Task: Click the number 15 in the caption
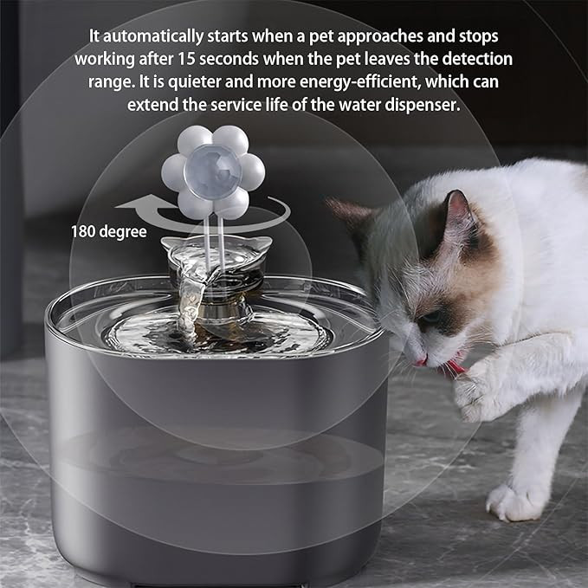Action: point(186,59)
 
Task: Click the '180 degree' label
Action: point(109,231)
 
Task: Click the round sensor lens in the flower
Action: point(213,171)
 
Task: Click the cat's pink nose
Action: point(421,362)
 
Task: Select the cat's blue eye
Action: point(432,317)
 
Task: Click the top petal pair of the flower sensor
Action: point(213,139)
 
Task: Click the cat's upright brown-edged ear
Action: point(458,214)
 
